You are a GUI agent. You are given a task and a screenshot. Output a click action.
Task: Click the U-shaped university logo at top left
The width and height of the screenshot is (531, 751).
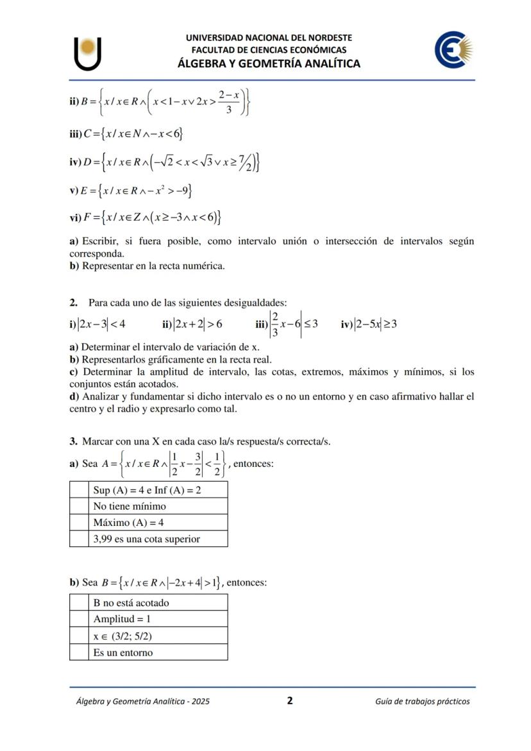point(88,54)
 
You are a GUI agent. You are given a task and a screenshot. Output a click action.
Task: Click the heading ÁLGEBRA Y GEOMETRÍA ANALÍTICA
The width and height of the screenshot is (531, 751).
point(269,63)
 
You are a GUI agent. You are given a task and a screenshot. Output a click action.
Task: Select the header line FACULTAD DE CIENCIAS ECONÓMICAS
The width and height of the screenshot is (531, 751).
point(269,50)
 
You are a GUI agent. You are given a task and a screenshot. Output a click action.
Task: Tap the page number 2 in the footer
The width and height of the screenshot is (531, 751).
point(290,701)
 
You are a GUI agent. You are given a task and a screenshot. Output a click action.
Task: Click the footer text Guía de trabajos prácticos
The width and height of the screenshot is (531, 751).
point(422,702)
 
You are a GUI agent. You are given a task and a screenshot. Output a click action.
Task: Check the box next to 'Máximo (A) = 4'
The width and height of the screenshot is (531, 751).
point(79,523)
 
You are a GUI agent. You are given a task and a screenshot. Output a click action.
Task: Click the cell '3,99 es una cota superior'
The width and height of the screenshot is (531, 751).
point(157,539)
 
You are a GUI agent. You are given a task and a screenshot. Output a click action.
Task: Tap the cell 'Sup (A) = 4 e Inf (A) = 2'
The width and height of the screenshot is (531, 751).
point(157,491)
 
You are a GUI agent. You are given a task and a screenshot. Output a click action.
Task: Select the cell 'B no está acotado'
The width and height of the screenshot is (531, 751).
point(157,603)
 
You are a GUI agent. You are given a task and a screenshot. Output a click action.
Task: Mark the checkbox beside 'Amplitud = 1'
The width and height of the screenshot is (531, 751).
point(79,620)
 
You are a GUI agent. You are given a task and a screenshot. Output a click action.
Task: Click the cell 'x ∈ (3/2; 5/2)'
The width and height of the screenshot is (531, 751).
point(157,636)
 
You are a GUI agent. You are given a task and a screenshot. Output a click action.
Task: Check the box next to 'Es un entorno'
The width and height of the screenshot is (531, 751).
point(79,653)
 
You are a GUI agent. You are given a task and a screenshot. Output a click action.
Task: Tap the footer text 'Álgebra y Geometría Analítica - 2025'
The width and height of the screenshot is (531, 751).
point(142,702)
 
